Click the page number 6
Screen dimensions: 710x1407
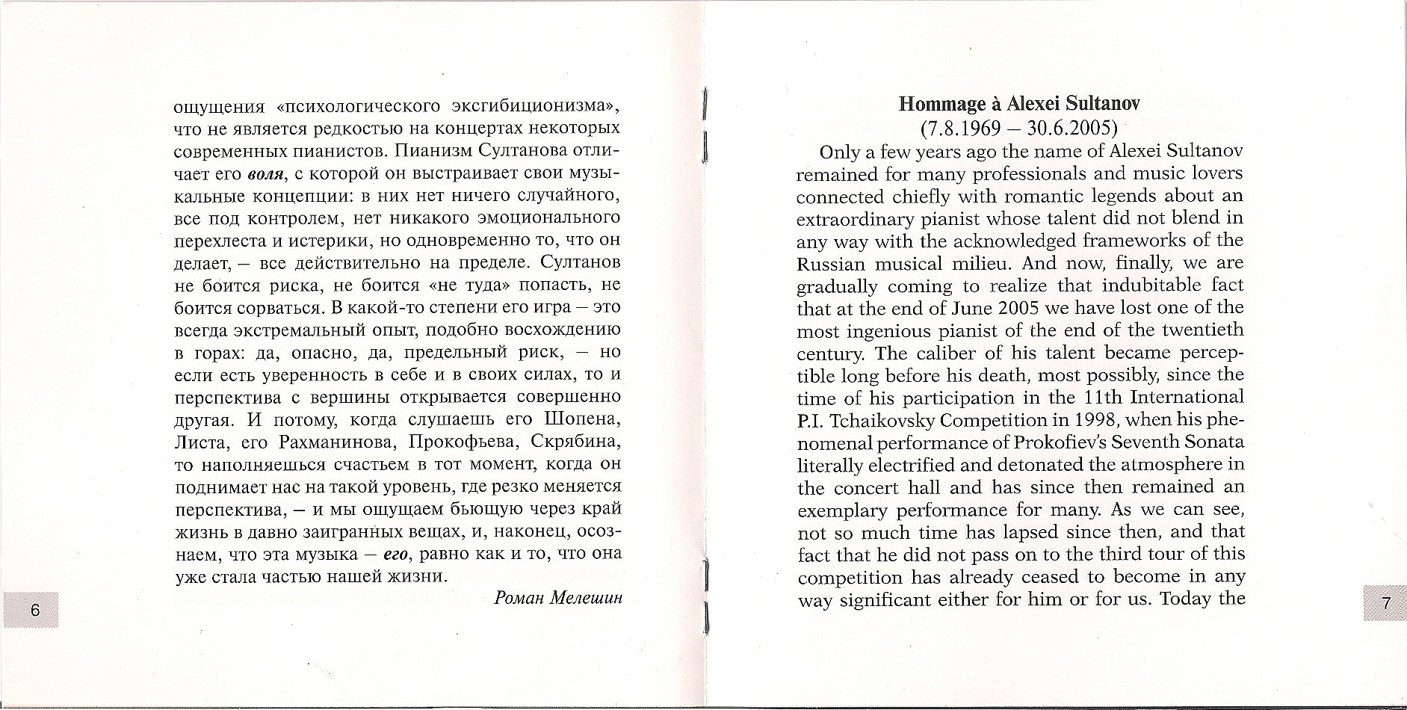pos(34,609)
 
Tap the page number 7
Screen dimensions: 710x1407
pos(1385,605)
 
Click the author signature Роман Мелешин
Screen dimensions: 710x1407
pos(558,598)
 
